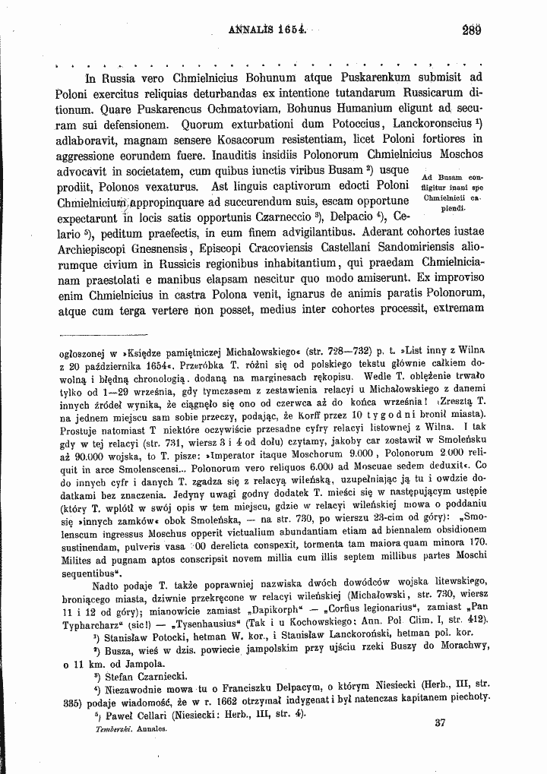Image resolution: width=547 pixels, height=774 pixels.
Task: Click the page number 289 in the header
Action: [472, 33]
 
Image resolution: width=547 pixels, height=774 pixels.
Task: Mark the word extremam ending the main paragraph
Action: [455, 310]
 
